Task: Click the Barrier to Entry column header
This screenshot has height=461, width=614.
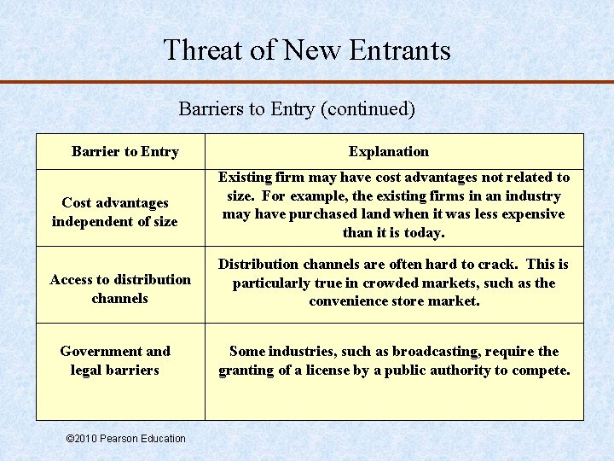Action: (x=125, y=152)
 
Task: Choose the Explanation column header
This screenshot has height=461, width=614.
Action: (x=389, y=152)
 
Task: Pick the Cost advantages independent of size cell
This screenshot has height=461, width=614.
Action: (x=115, y=212)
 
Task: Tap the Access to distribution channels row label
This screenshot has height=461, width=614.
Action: (x=120, y=289)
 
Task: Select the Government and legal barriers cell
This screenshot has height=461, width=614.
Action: (x=115, y=360)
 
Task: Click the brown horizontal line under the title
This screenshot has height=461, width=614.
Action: (x=307, y=82)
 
